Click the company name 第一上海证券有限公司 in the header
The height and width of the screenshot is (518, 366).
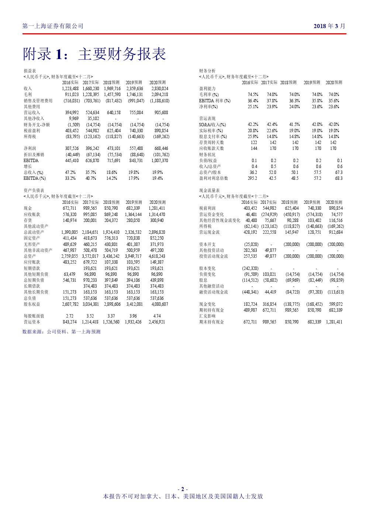(x=53, y=26)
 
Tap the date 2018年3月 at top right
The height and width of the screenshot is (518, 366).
(x=329, y=26)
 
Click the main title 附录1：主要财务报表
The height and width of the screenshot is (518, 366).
(x=94, y=54)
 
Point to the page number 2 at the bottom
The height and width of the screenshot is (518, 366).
(x=182, y=489)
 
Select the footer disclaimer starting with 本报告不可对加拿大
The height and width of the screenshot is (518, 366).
(x=183, y=496)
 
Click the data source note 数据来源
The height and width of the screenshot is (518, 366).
(x=61, y=332)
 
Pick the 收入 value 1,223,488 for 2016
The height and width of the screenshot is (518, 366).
(x=70, y=89)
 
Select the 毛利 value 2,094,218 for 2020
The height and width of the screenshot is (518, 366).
(x=159, y=95)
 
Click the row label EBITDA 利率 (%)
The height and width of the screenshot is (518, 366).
(x=215, y=101)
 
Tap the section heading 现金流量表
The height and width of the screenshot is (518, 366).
(x=209, y=191)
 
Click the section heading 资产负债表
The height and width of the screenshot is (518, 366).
(x=34, y=191)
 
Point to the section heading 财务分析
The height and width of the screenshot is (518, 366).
(x=207, y=71)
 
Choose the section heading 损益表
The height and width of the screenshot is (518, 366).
(x=30, y=71)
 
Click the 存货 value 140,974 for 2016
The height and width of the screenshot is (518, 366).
(x=70, y=220)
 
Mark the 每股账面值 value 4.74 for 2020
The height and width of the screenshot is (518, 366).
(x=157, y=316)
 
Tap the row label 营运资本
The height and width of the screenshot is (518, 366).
(x=32, y=322)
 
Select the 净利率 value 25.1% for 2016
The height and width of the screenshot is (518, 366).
(x=253, y=107)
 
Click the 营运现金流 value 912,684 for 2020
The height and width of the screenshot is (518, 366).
(x=335, y=232)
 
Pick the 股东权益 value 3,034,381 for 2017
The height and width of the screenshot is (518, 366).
(x=90, y=304)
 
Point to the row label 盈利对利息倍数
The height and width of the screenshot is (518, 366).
(x=214, y=178)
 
